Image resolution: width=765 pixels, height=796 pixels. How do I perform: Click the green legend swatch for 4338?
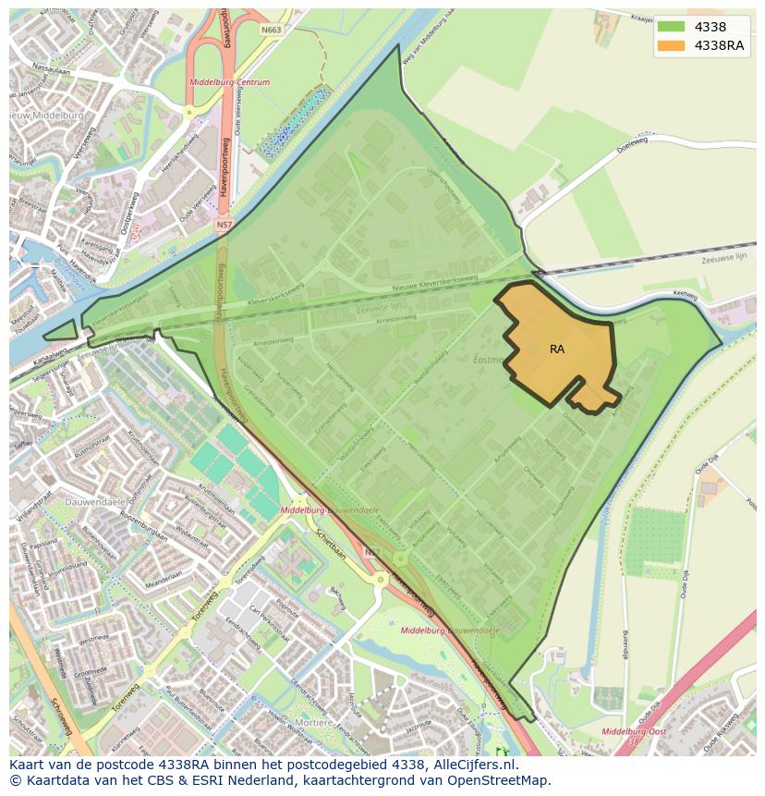point(671,26)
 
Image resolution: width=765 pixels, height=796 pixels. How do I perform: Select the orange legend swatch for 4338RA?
point(671,45)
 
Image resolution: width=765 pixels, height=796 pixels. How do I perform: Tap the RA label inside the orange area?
point(557,349)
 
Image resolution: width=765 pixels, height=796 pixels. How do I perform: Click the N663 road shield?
point(271,30)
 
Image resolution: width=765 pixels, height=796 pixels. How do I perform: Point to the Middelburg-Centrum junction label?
point(229,82)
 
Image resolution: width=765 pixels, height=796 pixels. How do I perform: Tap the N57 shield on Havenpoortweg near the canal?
point(225,225)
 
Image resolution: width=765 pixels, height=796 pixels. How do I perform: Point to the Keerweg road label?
point(684,293)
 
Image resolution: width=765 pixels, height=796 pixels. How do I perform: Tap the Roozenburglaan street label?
point(142,534)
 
